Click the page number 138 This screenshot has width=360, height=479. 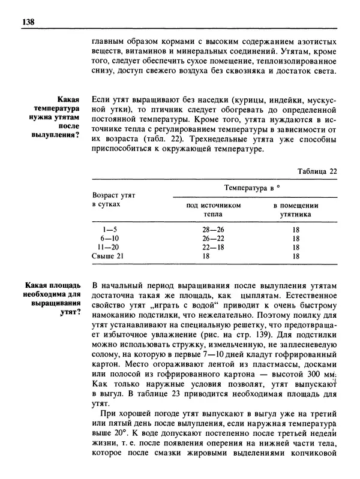pos(20,22)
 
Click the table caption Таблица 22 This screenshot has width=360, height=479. pos(317,171)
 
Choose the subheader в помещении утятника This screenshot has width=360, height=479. pos(295,209)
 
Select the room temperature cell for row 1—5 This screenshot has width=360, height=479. pos(295,228)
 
